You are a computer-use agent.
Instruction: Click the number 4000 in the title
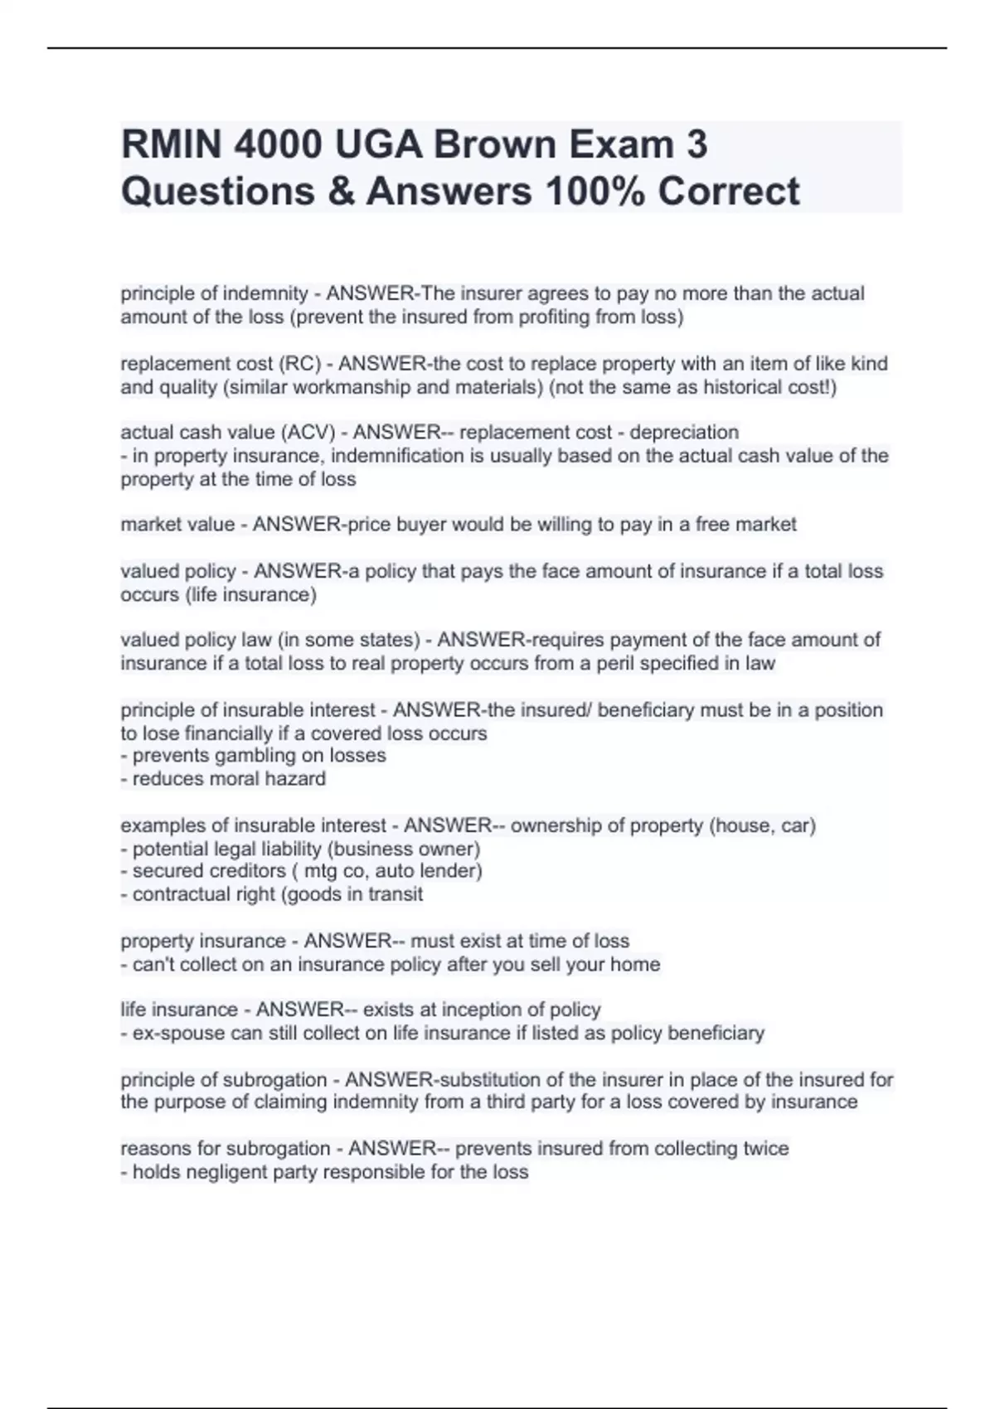click(278, 145)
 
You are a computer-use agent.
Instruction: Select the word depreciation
click(684, 433)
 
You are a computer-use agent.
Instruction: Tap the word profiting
click(551, 317)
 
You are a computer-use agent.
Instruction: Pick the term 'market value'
click(177, 525)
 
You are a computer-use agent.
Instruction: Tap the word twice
click(766, 1149)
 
